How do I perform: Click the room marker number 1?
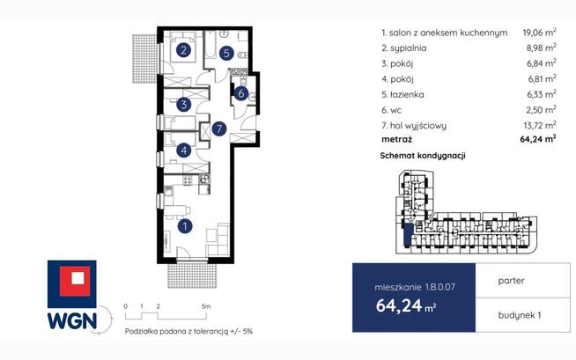(185, 226)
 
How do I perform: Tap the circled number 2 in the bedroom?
(183, 50)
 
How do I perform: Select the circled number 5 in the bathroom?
(226, 53)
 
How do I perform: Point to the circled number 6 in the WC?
(241, 93)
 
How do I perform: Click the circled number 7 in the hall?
(219, 129)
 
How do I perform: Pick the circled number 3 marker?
(184, 105)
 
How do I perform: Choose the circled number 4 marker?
(184, 151)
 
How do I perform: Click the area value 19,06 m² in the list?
(539, 33)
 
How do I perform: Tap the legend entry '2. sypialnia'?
(404, 48)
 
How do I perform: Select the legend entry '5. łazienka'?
(402, 95)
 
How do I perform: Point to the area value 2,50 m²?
(542, 110)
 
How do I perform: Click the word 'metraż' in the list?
(396, 139)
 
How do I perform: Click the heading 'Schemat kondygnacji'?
(423, 156)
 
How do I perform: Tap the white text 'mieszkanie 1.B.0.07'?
(415, 287)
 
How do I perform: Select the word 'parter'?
(512, 281)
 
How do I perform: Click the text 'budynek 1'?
(520, 315)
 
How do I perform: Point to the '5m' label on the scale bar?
(206, 306)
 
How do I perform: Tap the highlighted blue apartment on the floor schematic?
(408, 236)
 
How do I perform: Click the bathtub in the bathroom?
(210, 46)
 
